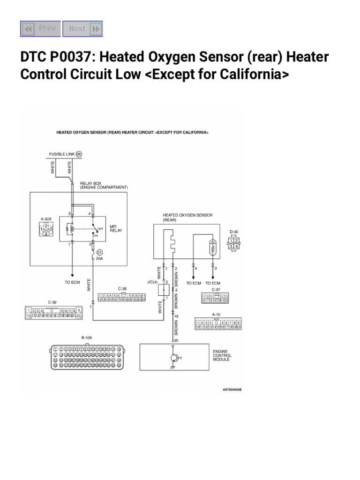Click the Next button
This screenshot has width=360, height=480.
coord(82,29)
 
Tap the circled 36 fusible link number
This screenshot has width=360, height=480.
coord(79,154)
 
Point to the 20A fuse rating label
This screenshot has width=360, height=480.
coord(99,259)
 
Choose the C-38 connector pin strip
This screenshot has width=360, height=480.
coord(122,297)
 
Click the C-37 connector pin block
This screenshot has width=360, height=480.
coord(215,299)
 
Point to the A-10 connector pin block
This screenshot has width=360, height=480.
coord(218,324)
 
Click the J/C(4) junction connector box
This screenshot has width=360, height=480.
coord(164,290)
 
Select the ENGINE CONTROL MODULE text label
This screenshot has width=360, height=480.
coord(222,355)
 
